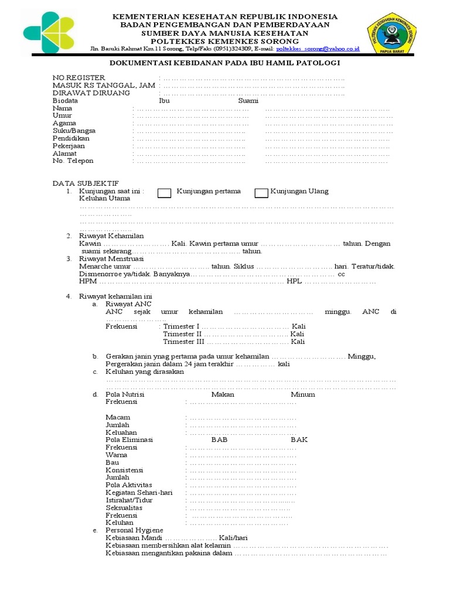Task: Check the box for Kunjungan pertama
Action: [165, 193]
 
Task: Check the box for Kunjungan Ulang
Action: [261, 193]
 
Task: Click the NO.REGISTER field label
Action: [79, 77]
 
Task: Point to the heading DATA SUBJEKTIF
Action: [86, 183]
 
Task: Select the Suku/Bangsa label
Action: [74, 131]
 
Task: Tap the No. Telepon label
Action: [73, 161]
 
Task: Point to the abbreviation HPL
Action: [293, 281]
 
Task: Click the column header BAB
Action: [219, 439]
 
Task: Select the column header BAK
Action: [299, 439]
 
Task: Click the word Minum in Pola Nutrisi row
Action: [302, 394]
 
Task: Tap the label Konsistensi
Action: [124, 470]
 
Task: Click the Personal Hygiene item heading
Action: [134, 530]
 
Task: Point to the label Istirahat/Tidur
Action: [129, 500]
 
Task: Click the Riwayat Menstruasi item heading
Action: [111, 258]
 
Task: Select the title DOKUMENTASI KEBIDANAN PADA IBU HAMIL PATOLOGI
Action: [226, 63]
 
